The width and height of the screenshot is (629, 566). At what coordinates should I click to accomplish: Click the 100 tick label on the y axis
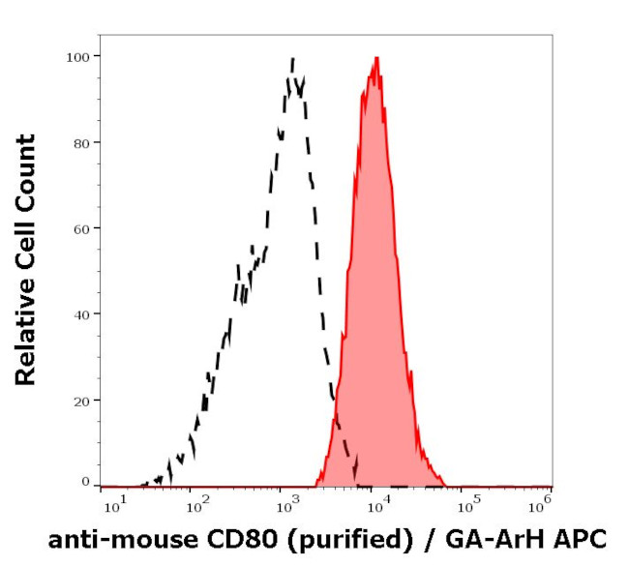tap(78, 56)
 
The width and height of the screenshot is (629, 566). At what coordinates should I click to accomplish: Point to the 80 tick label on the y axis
tap(81, 142)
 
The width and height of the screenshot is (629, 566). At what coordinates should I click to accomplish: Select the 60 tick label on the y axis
tap(81, 228)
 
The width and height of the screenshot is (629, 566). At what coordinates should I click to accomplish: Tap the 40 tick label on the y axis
tap(81, 314)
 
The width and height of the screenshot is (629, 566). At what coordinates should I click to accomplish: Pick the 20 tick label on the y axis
tap(81, 401)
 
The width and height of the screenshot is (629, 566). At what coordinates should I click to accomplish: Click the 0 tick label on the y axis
tap(85, 482)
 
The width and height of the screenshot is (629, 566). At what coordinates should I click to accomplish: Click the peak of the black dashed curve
tap(292, 59)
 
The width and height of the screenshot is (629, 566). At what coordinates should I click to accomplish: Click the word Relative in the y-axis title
tap(26, 328)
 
